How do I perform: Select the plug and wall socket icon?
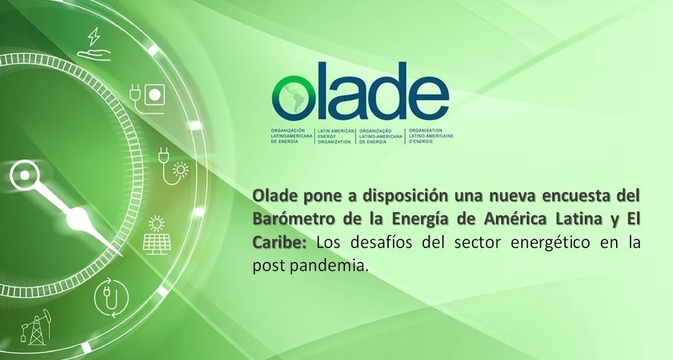point(147,99)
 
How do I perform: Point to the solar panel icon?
point(156,235)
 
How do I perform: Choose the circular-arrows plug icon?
point(111,297)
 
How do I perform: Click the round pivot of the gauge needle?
point(25,175)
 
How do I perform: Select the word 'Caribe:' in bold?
point(279,242)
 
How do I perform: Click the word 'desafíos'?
point(380,242)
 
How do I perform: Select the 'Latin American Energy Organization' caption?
point(336,136)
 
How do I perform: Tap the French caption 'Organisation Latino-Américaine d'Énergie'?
point(431,136)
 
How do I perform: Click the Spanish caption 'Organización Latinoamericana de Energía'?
point(292,136)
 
